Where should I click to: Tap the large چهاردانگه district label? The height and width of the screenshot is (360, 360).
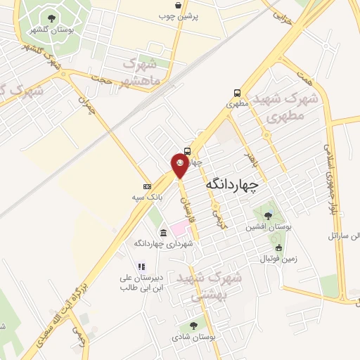(x=232, y=185)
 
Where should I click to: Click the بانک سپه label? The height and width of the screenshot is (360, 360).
(x=169, y=198)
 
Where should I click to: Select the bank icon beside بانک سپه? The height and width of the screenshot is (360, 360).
(x=146, y=186)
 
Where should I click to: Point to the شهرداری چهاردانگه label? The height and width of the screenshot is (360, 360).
(x=164, y=243)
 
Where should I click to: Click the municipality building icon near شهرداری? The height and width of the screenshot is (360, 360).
(x=163, y=233)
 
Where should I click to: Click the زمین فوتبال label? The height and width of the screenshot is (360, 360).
(x=278, y=258)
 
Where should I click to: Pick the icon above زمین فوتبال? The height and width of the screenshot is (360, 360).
(x=278, y=247)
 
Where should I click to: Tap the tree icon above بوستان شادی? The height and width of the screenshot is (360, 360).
(x=193, y=326)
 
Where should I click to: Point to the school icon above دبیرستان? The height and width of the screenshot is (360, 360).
(x=141, y=266)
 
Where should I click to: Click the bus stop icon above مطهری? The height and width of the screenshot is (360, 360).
(x=237, y=93)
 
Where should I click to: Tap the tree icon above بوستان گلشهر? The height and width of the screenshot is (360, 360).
(x=51, y=19)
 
